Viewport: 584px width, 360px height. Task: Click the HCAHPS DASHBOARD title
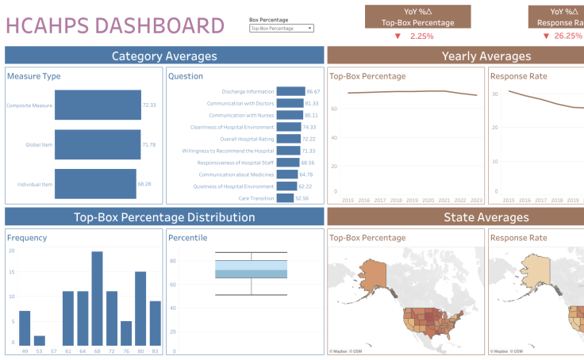[x=114, y=25]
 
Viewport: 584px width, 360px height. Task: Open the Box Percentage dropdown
[x=281, y=28]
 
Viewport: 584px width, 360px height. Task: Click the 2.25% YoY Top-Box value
[x=421, y=36]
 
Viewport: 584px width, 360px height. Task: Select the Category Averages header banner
[x=164, y=56]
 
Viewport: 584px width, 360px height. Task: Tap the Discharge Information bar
[x=290, y=91]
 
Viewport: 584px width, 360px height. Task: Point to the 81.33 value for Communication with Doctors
[x=312, y=103]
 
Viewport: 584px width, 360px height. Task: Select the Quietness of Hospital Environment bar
[x=286, y=186]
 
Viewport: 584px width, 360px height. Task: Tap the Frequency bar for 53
[x=39, y=339]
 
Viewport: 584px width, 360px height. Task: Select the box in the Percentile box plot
[x=251, y=270]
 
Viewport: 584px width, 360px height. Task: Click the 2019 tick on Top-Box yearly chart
[x=413, y=201]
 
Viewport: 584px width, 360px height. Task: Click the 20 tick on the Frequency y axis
[x=11, y=251]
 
